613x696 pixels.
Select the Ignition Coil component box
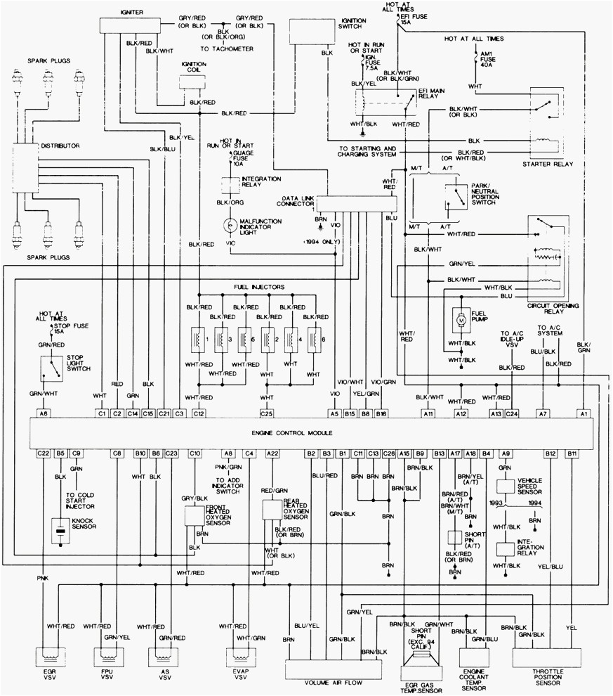(195, 82)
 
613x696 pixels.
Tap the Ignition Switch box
(310, 32)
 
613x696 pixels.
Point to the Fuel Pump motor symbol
(461, 320)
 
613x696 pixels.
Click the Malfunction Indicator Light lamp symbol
(230, 226)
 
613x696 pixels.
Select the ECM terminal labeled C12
(199, 413)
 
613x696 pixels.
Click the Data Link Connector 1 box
(356, 204)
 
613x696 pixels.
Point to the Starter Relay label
(548, 164)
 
